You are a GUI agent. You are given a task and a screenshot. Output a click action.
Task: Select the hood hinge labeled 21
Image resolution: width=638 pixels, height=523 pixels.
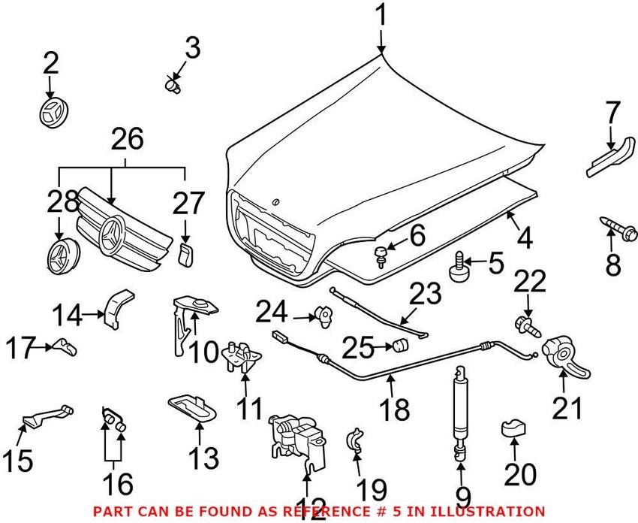point(565,355)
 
